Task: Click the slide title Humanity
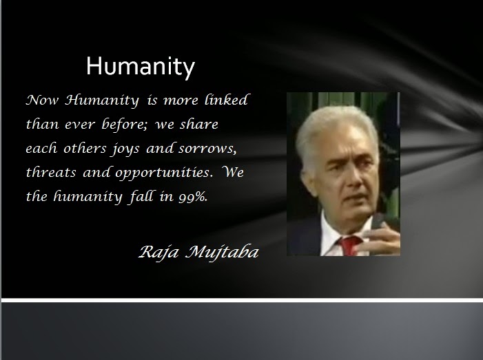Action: point(141,67)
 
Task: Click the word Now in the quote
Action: point(42,100)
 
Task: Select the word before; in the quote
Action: point(125,125)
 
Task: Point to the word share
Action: point(199,124)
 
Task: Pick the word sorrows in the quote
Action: point(207,149)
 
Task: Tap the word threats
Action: point(51,172)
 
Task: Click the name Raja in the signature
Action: point(158,253)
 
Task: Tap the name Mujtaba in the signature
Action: point(222,253)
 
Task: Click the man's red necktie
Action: point(350,246)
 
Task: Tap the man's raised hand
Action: point(383,236)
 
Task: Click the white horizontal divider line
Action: point(242,300)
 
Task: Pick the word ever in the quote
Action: point(80,125)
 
